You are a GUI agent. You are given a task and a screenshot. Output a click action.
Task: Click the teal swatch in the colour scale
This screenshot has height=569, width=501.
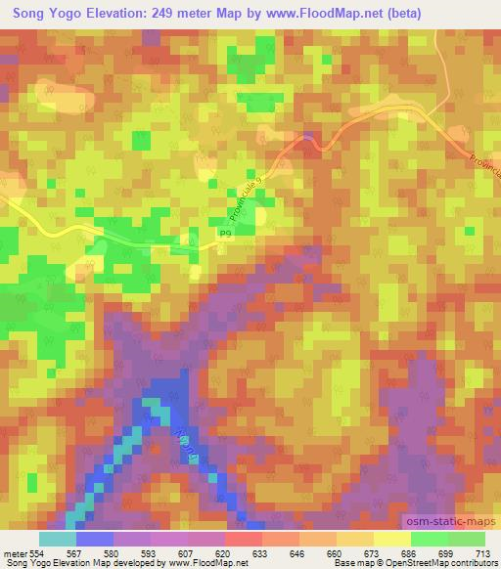[58, 538]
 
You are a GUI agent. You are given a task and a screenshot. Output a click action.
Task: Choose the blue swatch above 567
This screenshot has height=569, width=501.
[95, 538]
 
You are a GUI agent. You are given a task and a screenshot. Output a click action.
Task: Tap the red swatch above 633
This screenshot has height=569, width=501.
[244, 538]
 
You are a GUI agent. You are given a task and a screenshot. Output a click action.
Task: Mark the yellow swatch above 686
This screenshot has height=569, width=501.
[391, 538]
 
